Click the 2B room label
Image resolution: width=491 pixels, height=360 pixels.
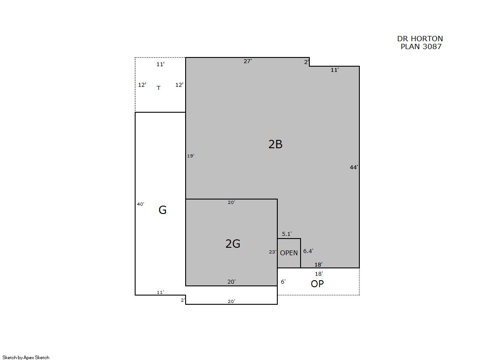point(276,144)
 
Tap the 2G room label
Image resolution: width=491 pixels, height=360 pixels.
point(233,243)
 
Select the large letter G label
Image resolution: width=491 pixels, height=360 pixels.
point(162,210)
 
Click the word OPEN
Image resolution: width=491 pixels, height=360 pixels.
point(289,253)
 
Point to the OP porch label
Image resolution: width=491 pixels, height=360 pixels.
point(317,284)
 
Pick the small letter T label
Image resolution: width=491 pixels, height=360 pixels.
point(158,88)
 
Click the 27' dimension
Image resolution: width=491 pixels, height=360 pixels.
point(247,61)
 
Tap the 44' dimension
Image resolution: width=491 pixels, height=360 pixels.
point(354,167)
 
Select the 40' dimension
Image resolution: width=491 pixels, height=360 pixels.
point(140,204)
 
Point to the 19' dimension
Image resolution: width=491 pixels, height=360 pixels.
point(191,156)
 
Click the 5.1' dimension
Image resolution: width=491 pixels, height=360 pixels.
point(287,234)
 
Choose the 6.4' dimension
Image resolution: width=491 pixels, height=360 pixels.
point(308,251)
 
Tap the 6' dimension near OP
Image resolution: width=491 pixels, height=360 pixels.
point(283,282)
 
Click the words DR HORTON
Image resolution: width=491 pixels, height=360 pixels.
point(420,39)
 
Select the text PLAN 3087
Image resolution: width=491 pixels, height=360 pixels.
point(421,46)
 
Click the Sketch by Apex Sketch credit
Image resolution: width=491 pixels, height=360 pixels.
point(26,357)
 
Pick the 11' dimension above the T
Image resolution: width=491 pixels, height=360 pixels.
point(160,64)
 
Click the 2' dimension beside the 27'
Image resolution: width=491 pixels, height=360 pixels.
point(307,62)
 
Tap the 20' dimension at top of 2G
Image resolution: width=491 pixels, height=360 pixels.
point(231,202)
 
